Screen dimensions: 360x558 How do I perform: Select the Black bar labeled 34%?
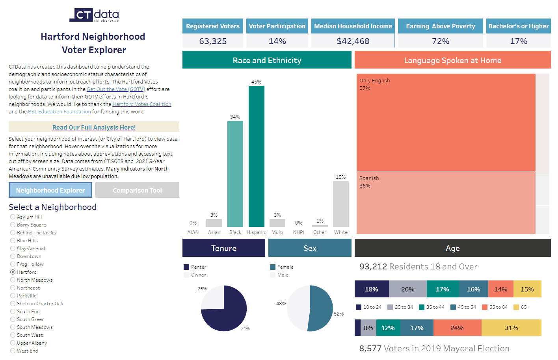click(x=235, y=174)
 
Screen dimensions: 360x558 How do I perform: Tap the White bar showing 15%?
click(x=340, y=204)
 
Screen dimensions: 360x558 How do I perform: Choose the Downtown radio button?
click(x=13, y=256)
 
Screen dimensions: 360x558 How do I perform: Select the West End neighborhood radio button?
click(x=13, y=351)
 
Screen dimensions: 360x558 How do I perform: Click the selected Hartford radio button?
click(x=13, y=272)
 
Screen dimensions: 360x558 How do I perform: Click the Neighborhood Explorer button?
click(x=50, y=190)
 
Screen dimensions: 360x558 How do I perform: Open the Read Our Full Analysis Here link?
click(x=94, y=127)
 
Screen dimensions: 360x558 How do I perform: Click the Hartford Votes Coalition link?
click(x=142, y=104)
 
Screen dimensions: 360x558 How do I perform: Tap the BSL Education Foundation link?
click(x=60, y=112)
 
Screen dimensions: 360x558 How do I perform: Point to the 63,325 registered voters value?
click(x=213, y=41)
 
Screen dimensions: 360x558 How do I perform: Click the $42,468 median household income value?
click(x=353, y=41)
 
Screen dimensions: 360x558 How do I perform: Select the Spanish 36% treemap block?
click(x=446, y=202)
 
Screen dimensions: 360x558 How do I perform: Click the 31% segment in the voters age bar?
click(x=511, y=328)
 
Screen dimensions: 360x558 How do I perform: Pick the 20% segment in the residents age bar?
click(x=407, y=289)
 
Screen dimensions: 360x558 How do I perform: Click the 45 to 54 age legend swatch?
click(x=453, y=307)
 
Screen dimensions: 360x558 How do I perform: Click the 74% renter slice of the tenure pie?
click(x=229, y=315)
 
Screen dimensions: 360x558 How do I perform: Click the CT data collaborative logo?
click(x=94, y=15)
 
